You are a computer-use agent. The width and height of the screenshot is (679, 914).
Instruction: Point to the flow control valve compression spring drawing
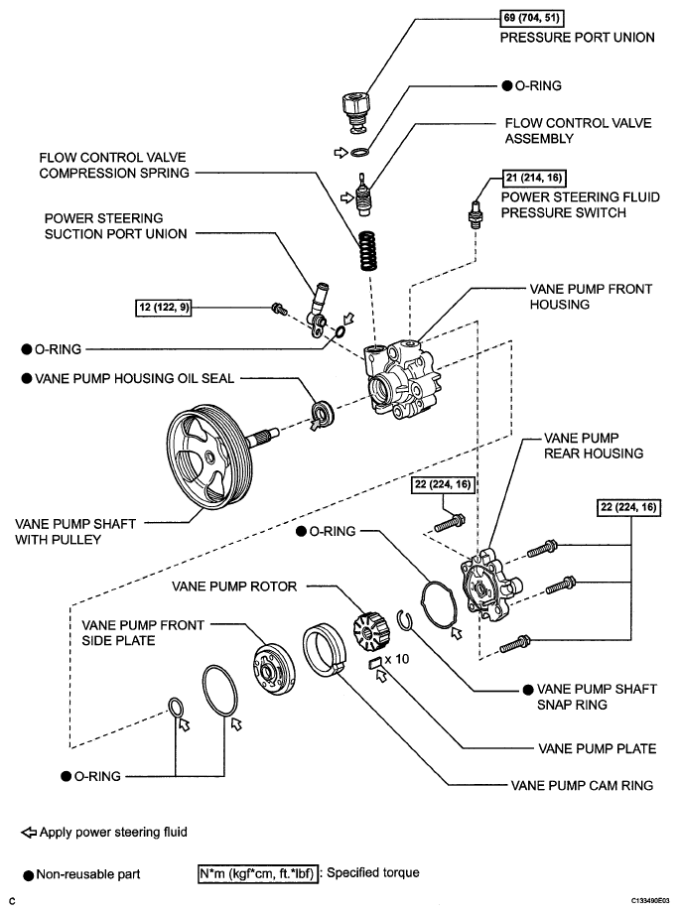(367, 251)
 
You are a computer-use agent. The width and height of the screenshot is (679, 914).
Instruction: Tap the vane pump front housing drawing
(402, 378)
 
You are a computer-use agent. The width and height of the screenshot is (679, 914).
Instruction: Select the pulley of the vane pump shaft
(210, 449)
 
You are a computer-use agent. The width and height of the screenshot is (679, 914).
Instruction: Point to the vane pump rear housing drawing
(490, 585)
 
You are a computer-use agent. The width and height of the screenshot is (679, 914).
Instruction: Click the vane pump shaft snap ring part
(406, 619)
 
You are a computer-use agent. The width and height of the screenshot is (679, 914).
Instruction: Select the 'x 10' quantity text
(397, 659)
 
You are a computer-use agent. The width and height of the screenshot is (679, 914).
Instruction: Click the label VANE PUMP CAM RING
(582, 785)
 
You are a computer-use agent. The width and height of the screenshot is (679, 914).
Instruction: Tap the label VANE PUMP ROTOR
(234, 586)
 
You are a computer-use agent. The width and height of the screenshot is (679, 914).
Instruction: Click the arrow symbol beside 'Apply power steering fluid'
(29, 833)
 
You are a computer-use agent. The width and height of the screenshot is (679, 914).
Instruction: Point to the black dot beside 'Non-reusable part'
(28, 875)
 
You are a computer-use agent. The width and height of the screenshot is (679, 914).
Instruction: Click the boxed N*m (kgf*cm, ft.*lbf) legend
(258, 873)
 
